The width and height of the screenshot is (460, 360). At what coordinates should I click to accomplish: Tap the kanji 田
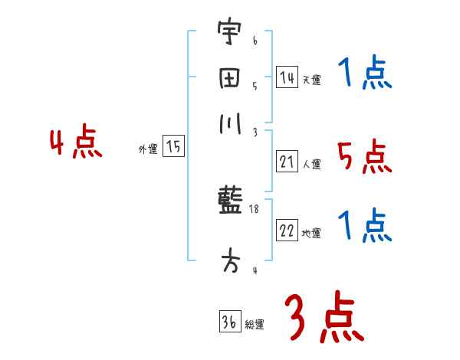coord(228,78)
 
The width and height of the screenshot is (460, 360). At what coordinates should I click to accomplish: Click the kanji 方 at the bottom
coord(228,260)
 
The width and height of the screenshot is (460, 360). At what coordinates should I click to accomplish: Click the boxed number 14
coord(287,77)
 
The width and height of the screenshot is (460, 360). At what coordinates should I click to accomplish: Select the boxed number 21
coord(287,162)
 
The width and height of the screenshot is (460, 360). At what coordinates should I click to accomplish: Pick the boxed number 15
coord(173,147)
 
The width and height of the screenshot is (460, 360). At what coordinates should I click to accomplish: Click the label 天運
coord(311,80)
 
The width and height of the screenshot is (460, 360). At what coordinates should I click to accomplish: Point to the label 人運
coord(311,164)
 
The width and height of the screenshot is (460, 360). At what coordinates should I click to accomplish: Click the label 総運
coord(255,325)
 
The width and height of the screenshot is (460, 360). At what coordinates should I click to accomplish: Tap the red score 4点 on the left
coord(75,144)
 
